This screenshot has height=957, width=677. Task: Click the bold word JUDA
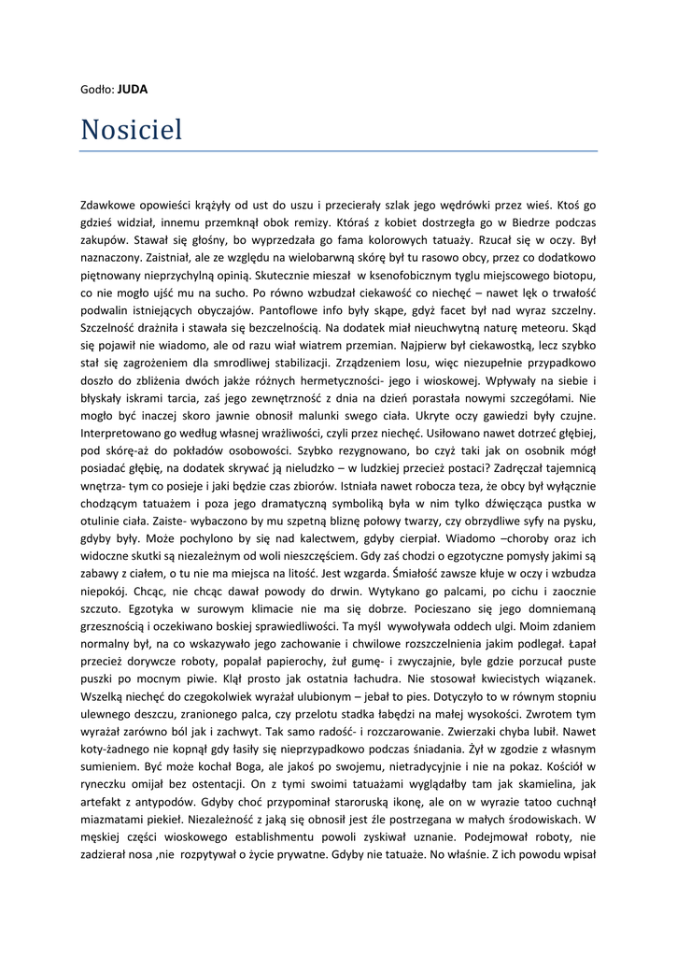pos(133,90)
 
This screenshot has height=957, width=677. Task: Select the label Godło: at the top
pos(97,90)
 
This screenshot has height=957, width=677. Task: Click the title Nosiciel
pos(132,129)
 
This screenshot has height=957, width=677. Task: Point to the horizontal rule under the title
pos(338,150)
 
